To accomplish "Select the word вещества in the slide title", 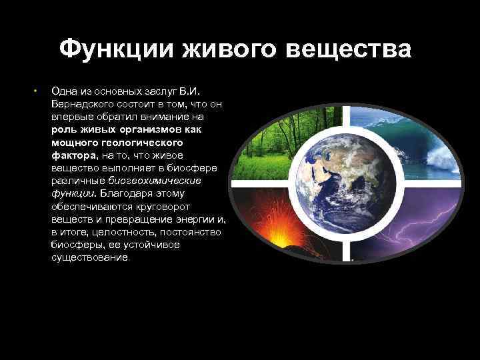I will click(x=347, y=49).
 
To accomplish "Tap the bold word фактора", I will click(x=74, y=155).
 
